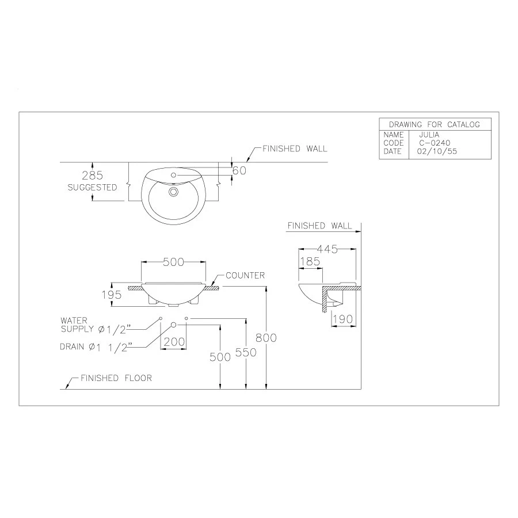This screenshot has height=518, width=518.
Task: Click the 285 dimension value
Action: click(x=93, y=176)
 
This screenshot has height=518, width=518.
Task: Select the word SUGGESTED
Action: click(x=93, y=188)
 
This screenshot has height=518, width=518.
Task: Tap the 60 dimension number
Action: click(x=239, y=170)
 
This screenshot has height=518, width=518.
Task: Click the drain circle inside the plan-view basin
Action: click(x=173, y=192)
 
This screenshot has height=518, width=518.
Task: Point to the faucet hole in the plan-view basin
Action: click(x=173, y=176)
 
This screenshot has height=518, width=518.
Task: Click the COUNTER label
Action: click(x=245, y=276)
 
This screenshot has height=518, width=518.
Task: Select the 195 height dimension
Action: click(x=112, y=295)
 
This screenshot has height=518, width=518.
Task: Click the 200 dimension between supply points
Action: click(x=174, y=341)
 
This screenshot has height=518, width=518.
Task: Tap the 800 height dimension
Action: click(x=266, y=338)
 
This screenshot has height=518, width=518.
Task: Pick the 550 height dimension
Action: click(x=246, y=352)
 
